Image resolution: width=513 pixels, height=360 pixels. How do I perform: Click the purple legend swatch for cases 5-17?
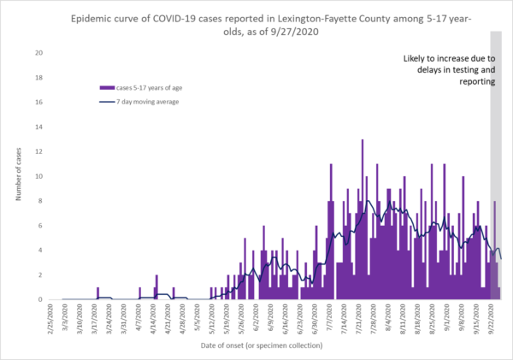(107, 87)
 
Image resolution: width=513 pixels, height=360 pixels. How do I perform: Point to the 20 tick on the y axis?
(39, 53)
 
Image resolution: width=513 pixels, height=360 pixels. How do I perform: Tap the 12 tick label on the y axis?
(39, 152)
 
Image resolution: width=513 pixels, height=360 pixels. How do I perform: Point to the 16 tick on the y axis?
(39, 103)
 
